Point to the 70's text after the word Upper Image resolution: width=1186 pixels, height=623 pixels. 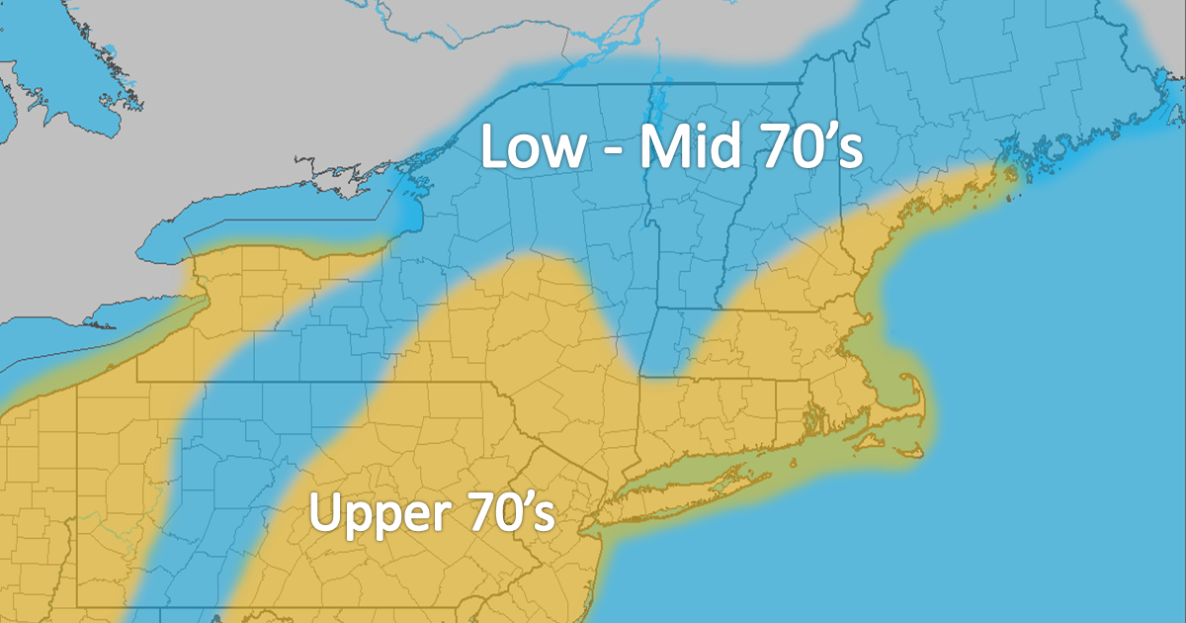coord(505,514)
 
